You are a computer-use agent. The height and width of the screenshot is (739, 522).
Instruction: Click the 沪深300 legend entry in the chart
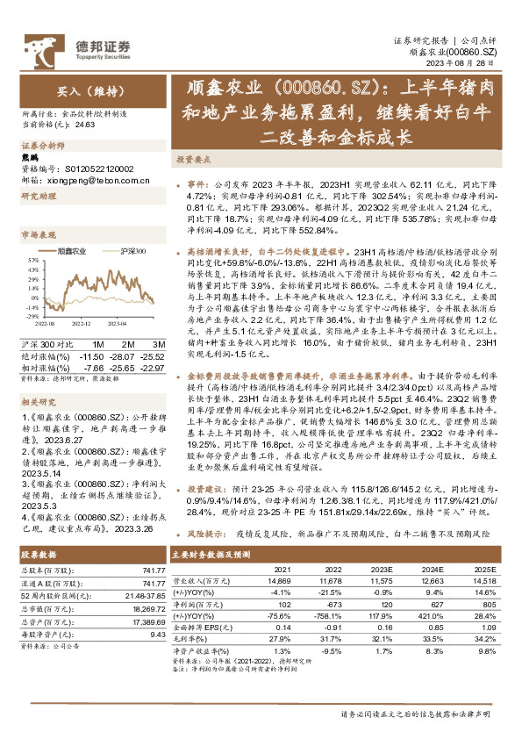tap(130, 251)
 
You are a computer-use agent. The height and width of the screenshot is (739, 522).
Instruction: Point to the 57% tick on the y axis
tap(31, 261)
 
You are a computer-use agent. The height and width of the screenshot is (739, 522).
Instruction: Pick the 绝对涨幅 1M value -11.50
tap(92, 345)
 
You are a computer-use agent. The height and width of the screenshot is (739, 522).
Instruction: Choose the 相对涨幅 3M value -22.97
tap(152, 355)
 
